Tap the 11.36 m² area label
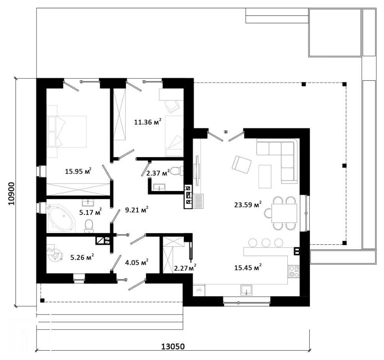click(x=148, y=122)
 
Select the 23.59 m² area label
click(x=248, y=204)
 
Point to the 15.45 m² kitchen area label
click(x=248, y=267)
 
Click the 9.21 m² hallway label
click(x=136, y=210)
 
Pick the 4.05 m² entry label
click(x=136, y=262)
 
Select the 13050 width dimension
click(x=173, y=346)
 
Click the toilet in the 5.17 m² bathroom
click(x=89, y=226)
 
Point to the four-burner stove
click(x=293, y=271)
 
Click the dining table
click(x=284, y=213)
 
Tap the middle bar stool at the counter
click(x=266, y=243)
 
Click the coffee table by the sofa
click(x=265, y=176)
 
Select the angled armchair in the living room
click(x=241, y=165)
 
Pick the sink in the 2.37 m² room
click(x=159, y=187)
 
